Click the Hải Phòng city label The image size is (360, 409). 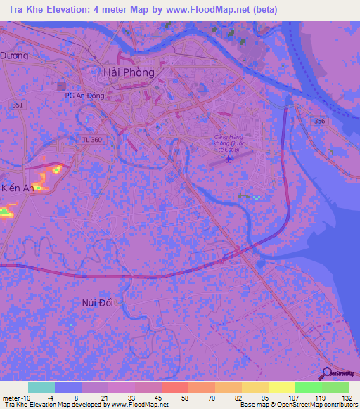pyautogui.click(x=129, y=72)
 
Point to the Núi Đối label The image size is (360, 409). pyautogui.click(x=97, y=301)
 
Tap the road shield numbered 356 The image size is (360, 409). pyautogui.click(x=320, y=122)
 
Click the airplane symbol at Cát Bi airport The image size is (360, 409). pyautogui.click(x=229, y=159)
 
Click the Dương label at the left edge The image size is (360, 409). pyautogui.click(x=14, y=56)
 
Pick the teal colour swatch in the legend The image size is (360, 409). pyautogui.click(x=41, y=387)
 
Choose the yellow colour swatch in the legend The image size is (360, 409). pyautogui.click(x=282, y=387)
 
